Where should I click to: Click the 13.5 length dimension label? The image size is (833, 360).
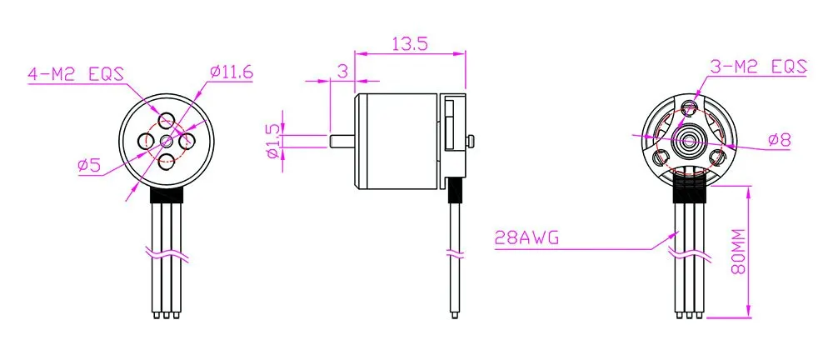pos(410,43)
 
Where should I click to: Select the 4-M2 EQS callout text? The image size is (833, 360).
pos(76,74)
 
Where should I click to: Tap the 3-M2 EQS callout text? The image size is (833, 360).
pos(759,67)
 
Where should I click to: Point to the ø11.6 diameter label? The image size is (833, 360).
pos(232,72)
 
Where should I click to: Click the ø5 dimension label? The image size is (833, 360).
pos(89,166)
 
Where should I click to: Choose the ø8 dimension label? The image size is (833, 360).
pos(780,140)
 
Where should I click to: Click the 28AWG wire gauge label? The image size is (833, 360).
pos(526,237)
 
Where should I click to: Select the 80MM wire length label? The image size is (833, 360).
pos(738,252)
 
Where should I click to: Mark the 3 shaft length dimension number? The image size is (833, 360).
pos(342,70)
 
